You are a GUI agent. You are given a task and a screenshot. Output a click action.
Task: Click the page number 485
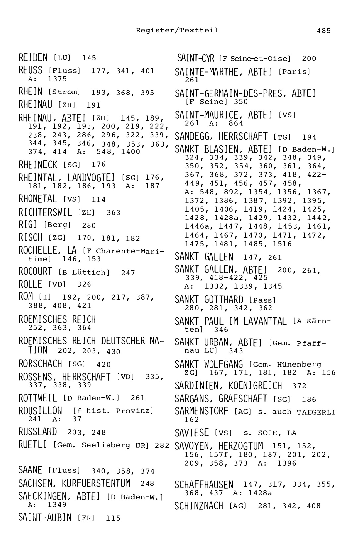click(x=324, y=31)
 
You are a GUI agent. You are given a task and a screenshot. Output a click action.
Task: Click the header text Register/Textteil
click(x=177, y=31)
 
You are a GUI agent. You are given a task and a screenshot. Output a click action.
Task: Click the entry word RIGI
click(x=28, y=225)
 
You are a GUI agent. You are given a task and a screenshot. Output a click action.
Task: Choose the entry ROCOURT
click(x=35, y=272)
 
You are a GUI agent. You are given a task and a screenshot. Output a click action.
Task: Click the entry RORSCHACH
click(x=40, y=364)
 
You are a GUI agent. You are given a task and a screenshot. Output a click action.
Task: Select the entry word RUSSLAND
click(x=37, y=432)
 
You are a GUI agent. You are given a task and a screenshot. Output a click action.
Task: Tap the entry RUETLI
click(x=32, y=445)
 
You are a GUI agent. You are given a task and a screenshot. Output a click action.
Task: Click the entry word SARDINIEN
click(x=196, y=386)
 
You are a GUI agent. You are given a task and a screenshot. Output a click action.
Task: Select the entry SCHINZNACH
click(x=199, y=506)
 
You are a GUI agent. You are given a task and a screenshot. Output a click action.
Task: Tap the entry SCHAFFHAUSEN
click(x=204, y=485)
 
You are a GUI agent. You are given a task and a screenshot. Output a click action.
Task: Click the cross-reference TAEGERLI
click(x=316, y=412)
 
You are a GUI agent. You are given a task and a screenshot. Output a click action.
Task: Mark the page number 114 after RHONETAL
click(x=99, y=200)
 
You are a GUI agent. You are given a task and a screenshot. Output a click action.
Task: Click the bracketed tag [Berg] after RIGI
click(x=57, y=225)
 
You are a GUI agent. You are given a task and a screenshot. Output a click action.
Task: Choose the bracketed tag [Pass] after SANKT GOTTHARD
click(x=263, y=300)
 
